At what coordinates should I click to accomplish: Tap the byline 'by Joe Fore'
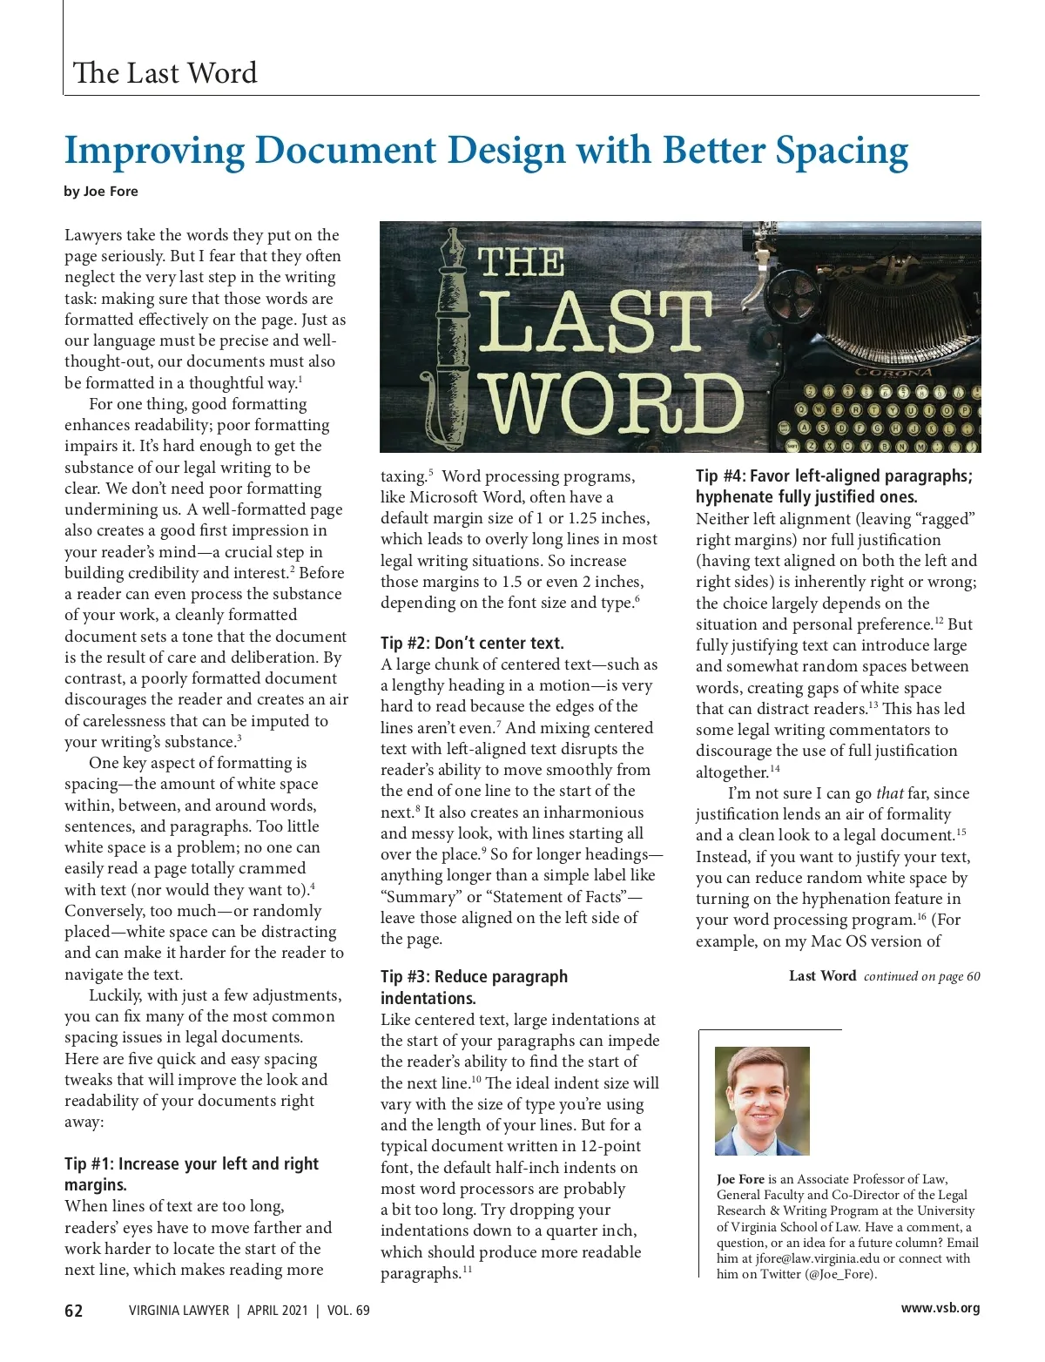coord(101,192)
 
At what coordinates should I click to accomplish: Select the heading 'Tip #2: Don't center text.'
coord(472,644)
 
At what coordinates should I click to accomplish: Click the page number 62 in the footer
coord(74,1310)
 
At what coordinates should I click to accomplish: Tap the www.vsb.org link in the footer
coord(940,1308)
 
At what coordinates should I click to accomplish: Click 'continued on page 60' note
coord(921,976)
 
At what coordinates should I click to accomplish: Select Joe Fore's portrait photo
coord(762,1101)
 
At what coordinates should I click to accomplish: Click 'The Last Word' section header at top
coord(165,73)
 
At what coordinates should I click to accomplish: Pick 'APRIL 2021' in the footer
coord(277,1310)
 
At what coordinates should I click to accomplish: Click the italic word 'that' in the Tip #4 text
coord(889,793)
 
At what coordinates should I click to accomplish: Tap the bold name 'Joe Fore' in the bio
coord(740,1179)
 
